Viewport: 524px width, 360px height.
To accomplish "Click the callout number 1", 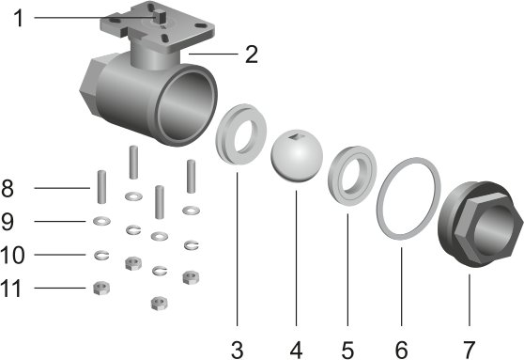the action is pos(19,18).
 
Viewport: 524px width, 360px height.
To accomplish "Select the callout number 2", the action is pos(252,55).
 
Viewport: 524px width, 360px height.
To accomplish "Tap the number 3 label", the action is pos(237,351).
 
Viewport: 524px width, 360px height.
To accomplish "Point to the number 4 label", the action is pos(296,351).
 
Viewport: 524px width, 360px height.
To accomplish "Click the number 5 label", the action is pos(347,351).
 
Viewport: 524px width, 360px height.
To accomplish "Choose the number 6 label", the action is pos(401,351).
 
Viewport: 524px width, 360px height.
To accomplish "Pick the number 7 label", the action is pos(469,351).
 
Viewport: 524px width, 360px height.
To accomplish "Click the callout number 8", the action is pos(8,188).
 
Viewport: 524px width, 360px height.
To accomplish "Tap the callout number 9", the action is pos(8,222).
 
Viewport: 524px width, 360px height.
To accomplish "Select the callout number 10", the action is pos(12,255).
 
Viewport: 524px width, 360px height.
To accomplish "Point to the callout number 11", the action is pos(11,288).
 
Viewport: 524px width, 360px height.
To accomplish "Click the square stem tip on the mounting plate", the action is pos(159,16).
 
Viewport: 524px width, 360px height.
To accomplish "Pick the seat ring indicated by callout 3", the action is pos(223,133).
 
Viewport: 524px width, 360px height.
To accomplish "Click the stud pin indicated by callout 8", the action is pos(101,187).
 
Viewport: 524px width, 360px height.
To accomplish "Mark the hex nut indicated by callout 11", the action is pos(101,288).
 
